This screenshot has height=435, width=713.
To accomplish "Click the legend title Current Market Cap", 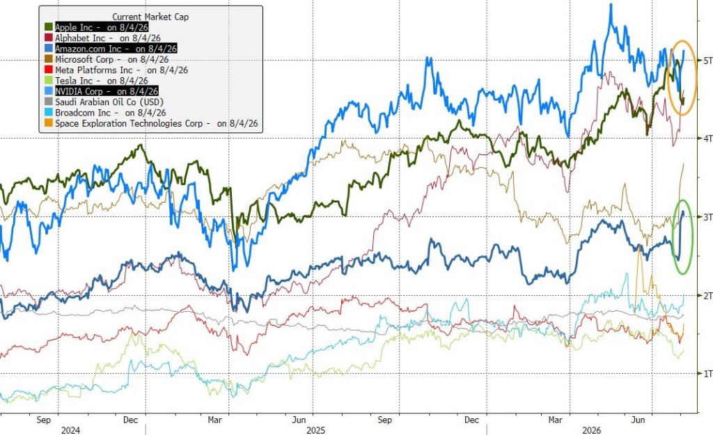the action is [150, 17].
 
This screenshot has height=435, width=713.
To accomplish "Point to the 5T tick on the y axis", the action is [707, 61].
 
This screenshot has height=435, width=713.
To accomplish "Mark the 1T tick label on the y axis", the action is [707, 374].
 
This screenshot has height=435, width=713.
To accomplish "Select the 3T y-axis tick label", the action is [707, 217].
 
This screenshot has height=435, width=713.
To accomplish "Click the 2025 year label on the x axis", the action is [316, 430].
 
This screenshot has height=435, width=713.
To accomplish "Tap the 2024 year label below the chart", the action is [70, 430].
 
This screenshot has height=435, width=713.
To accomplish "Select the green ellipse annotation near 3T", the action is [672, 237].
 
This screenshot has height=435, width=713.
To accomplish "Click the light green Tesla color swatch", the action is [49, 81].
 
